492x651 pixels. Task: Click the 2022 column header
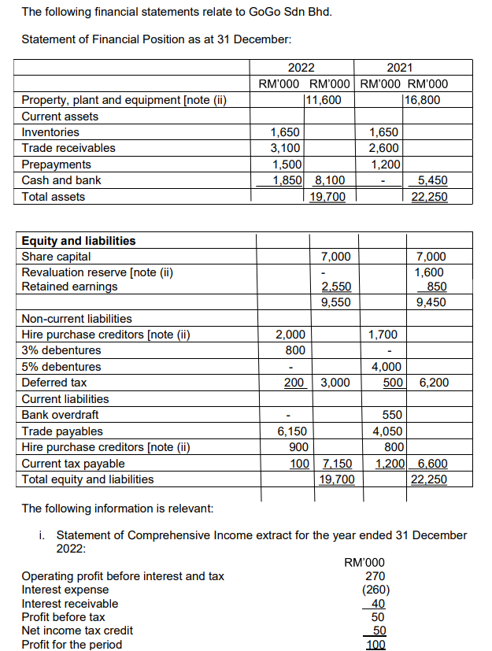(301, 68)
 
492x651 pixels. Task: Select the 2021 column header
(401, 68)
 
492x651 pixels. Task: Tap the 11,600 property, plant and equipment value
(323, 100)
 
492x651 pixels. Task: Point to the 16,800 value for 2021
(422, 100)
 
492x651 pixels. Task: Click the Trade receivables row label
(68, 148)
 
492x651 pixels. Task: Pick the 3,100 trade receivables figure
(284, 148)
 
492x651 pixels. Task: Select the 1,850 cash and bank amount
(284, 180)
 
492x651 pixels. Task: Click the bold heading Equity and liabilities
(78, 241)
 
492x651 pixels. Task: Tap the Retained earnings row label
(69, 287)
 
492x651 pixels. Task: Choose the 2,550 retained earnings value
(336, 287)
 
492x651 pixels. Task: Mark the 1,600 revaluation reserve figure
(431, 272)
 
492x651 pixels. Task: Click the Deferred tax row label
(54, 383)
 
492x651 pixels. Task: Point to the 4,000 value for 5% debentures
(387, 367)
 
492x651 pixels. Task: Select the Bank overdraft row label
(60, 415)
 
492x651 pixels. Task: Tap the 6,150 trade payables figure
(291, 431)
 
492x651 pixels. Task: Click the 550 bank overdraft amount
(391, 415)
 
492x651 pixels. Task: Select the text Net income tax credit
(77, 631)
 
